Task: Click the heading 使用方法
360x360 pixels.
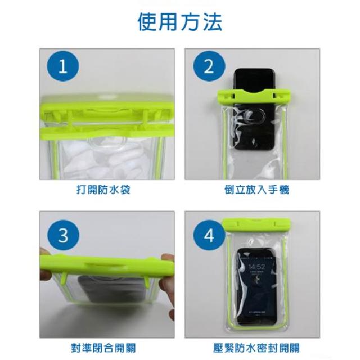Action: point(180,22)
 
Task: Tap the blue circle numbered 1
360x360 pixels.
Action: point(63,66)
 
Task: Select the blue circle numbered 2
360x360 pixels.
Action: point(209,66)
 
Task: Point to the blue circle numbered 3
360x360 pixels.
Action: point(63,235)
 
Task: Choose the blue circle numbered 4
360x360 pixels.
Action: point(209,235)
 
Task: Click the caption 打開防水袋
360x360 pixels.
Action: point(103,190)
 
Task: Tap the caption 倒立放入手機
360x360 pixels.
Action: point(256,190)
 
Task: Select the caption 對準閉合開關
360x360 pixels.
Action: point(103,348)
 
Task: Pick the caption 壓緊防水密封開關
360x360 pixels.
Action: point(256,348)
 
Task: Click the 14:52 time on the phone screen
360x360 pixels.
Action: point(256,267)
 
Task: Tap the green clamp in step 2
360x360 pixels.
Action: point(254,97)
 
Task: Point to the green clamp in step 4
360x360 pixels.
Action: point(256,225)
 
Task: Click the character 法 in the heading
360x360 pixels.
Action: point(213,22)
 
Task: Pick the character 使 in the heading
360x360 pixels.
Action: point(147,22)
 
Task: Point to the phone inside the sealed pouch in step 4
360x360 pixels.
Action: point(256,286)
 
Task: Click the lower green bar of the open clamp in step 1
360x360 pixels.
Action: point(107,133)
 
